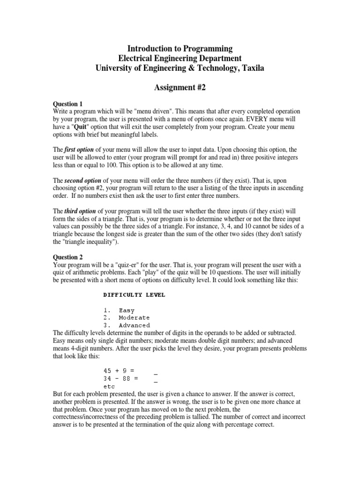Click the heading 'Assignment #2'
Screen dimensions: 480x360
(180, 87)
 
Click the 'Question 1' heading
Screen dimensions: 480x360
(68, 104)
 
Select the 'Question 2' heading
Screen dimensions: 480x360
(68, 257)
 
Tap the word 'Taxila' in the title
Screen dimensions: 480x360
(250, 68)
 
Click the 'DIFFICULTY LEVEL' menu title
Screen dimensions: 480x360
(134, 295)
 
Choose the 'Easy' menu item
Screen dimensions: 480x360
(127, 310)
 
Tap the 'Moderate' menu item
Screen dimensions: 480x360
(134, 318)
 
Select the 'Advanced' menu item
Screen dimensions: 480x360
(134, 325)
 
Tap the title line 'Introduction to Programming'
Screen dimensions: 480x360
(180, 48)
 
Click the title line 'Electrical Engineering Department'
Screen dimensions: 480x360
(180, 58)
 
